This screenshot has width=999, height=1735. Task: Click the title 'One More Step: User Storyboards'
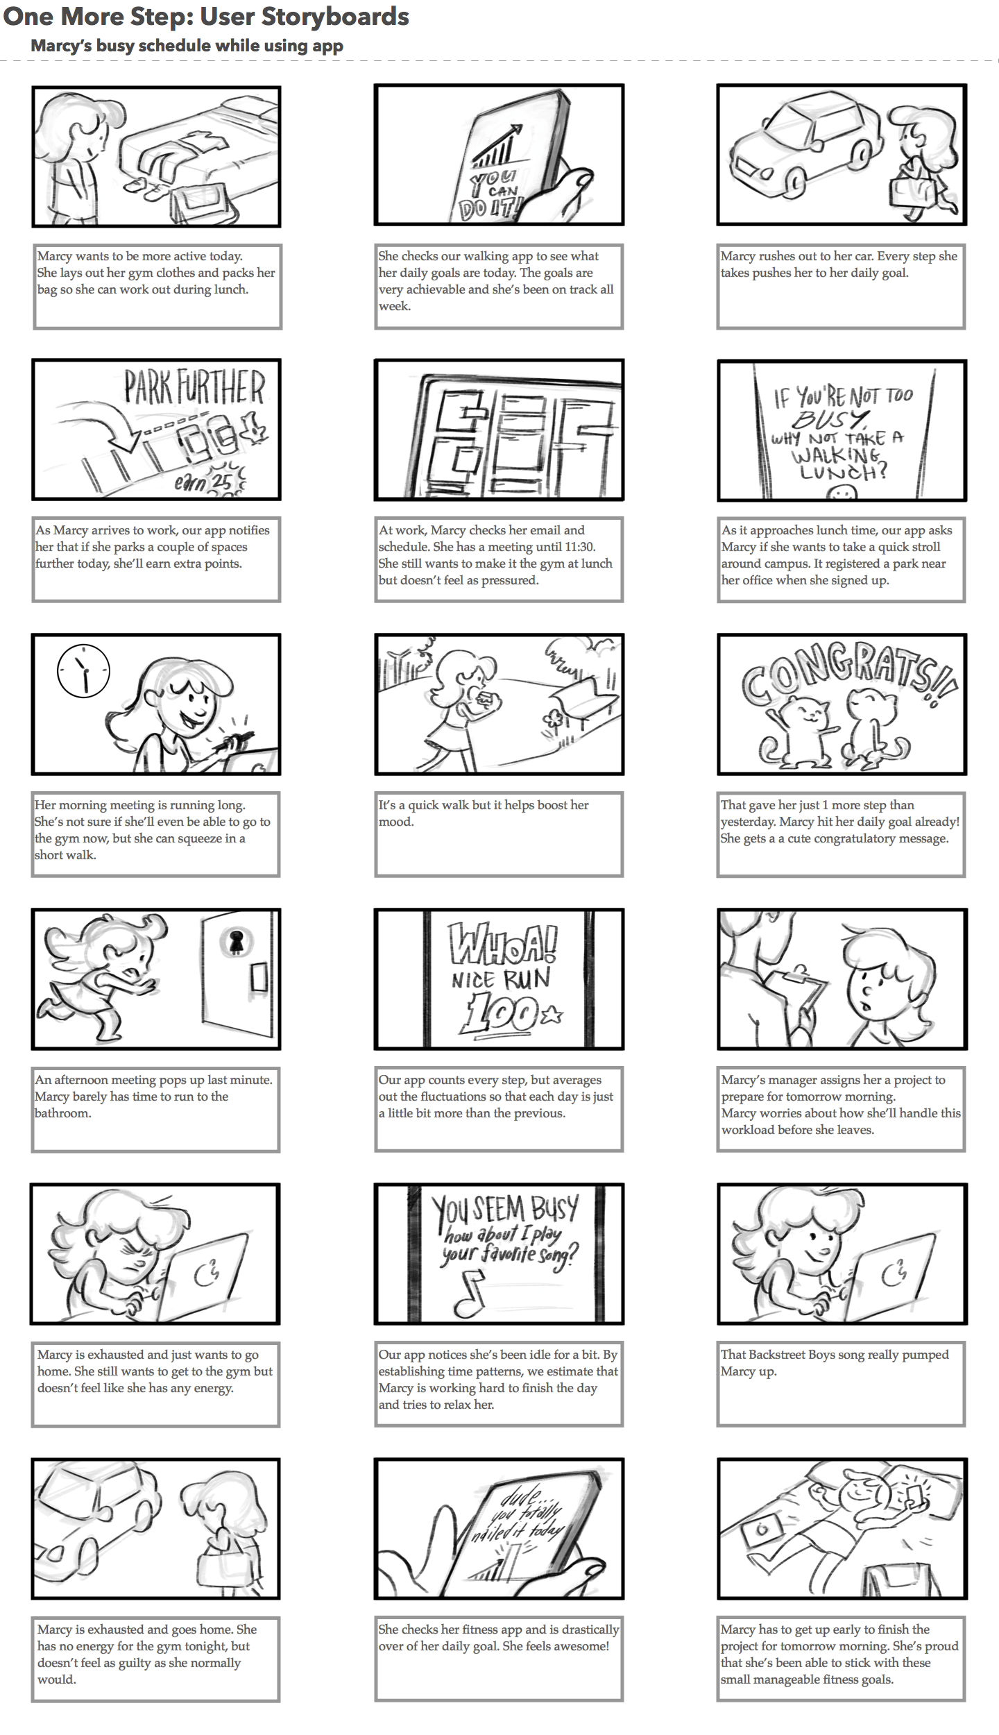pos(206,17)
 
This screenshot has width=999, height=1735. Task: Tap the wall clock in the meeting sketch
pos(83,670)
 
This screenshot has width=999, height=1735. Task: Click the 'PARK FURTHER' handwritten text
pos(194,387)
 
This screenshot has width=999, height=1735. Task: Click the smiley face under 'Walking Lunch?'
pos(842,492)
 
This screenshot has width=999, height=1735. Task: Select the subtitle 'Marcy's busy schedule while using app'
pos(187,46)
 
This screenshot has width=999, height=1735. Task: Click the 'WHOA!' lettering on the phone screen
pos(502,943)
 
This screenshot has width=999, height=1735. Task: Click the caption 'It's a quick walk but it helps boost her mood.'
pos(484,813)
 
